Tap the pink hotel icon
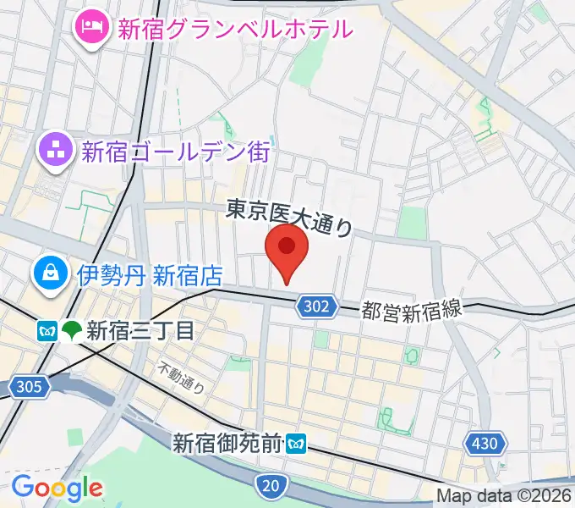(x=90, y=28)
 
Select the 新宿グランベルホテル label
(x=234, y=30)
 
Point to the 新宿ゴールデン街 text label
(x=175, y=152)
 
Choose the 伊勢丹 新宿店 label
(x=150, y=275)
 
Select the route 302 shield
(x=317, y=307)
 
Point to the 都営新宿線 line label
(x=413, y=310)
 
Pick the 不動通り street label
(x=183, y=377)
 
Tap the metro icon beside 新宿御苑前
(x=295, y=442)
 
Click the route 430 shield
(x=486, y=442)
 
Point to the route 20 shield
(x=270, y=485)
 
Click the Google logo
(x=57, y=487)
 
